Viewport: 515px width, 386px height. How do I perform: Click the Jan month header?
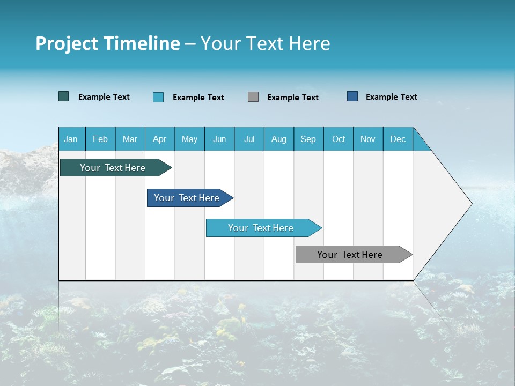coord(71,139)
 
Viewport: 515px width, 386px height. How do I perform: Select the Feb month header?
coord(100,139)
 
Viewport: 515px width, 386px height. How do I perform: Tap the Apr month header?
coord(159,139)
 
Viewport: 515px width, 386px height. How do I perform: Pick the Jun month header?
coord(219,139)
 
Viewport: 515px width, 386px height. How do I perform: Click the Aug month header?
coord(278,139)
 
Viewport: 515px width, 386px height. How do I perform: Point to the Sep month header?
coord(308,139)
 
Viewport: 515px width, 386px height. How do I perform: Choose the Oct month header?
coord(339,139)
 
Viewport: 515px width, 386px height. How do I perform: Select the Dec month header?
coord(398,139)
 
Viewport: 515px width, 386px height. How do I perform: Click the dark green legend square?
coord(64,96)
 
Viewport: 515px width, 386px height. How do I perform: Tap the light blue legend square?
coord(158,97)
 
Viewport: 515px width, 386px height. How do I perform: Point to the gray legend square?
coord(253,96)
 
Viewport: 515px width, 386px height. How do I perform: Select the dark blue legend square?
coord(352,96)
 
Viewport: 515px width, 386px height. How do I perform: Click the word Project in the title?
coord(66,43)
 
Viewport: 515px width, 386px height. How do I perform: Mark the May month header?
coord(189,139)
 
